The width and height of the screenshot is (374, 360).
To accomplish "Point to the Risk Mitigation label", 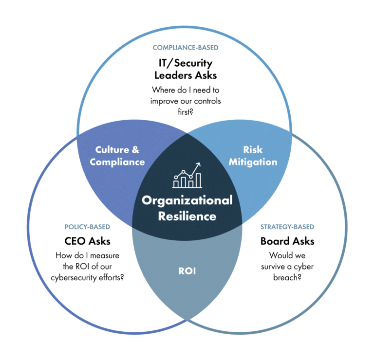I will click(x=253, y=156).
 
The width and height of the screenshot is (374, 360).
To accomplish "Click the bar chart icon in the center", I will click(x=187, y=176).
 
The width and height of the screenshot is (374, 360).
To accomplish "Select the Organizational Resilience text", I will click(x=187, y=208).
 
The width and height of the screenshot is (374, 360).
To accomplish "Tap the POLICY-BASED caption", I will click(x=87, y=227).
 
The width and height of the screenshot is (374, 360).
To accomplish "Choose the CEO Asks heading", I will click(x=87, y=241).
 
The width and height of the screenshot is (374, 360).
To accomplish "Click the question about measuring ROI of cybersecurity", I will click(x=87, y=267).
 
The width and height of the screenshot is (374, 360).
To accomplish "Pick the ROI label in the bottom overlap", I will click(x=187, y=271).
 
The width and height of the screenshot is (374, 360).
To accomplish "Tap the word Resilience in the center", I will click(x=187, y=216).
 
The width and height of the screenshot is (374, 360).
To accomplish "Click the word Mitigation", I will click(x=253, y=162).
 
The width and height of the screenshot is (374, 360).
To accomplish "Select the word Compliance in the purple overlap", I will click(x=117, y=162).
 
